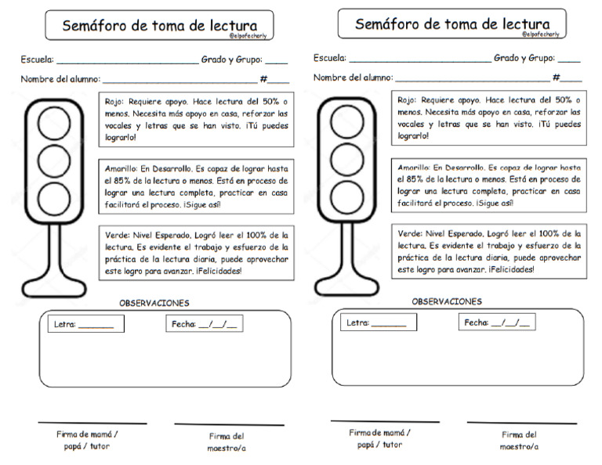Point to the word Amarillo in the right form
point(414,168)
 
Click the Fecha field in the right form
point(497,323)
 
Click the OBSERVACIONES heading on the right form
point(447,301)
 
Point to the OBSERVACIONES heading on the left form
point(154,303)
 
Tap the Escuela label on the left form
point(37,60)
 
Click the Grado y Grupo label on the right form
point(524,58)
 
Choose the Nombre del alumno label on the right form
point(353,77)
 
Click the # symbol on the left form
point(264,79)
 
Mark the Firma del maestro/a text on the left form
point(227,442)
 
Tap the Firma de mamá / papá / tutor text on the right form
point(380,438)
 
